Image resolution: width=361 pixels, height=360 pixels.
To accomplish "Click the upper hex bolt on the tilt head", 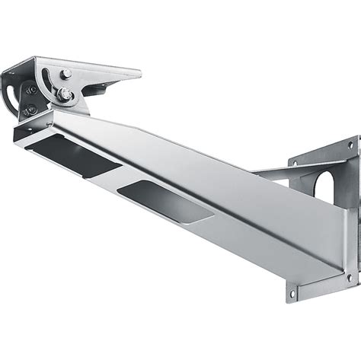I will point(67,74).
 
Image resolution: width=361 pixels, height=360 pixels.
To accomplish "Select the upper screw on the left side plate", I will point(33,90).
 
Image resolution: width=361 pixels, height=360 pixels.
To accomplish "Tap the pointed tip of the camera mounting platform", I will point(138,74).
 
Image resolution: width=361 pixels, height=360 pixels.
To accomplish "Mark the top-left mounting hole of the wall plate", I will point(291,161).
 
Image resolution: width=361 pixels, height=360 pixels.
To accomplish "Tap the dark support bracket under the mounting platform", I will point(95,91).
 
